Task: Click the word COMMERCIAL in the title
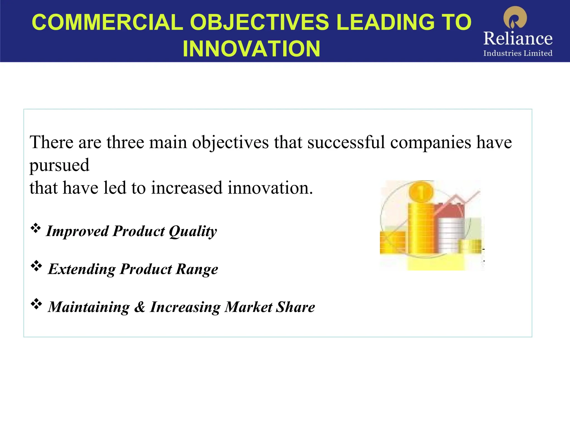107,22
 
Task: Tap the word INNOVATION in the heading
251,49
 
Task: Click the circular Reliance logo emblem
515,18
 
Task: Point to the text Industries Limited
518,53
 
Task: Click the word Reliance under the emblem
518,38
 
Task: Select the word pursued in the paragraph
59,165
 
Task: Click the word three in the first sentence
125,142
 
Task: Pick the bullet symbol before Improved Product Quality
36,229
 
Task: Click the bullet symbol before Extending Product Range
36,266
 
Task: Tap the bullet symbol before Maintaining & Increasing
36,304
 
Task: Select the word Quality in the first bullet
193,231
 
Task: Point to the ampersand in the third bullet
140,307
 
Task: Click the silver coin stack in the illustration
451,235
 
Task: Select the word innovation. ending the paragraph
270,188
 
